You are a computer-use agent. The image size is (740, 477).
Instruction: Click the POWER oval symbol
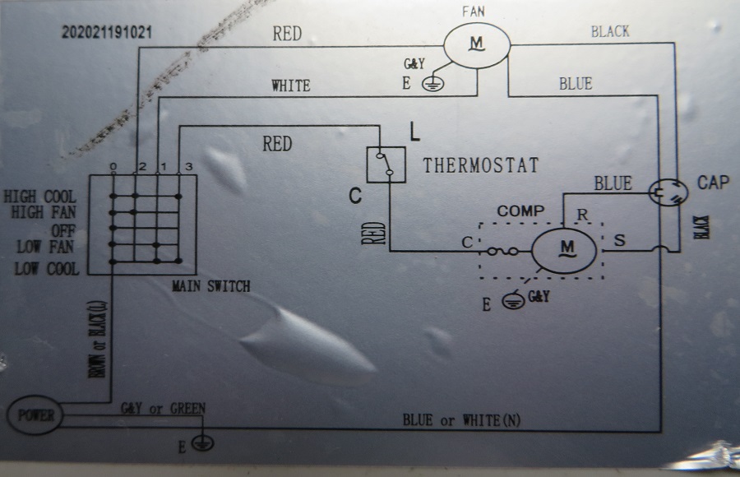[35, 415]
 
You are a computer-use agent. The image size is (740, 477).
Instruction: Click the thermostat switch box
[386, 164]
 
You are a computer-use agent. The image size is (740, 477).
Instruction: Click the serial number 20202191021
[107, 32]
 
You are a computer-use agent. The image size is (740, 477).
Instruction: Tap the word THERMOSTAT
[480, 165]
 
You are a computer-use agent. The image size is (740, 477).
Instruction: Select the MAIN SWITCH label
[211, 285]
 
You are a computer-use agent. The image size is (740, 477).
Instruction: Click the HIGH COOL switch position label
[39, 197]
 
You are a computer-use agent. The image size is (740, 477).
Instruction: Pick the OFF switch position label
[63, 231]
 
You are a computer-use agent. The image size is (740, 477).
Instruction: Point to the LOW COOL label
[47, 269]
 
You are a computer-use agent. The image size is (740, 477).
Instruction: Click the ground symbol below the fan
[432, 84]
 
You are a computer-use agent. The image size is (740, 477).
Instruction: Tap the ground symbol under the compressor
[513, 301]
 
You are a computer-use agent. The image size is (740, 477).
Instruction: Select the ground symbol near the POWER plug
[203, 443]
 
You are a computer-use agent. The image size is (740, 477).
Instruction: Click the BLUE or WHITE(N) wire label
[461, 420]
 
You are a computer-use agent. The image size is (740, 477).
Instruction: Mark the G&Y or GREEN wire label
[164, 408]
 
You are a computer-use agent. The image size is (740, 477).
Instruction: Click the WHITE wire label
[291, 86]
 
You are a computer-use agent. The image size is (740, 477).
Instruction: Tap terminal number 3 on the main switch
[189, 166]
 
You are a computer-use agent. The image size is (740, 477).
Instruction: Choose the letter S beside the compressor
[620, 240]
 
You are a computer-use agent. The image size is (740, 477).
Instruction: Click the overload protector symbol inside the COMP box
[502, 252]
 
